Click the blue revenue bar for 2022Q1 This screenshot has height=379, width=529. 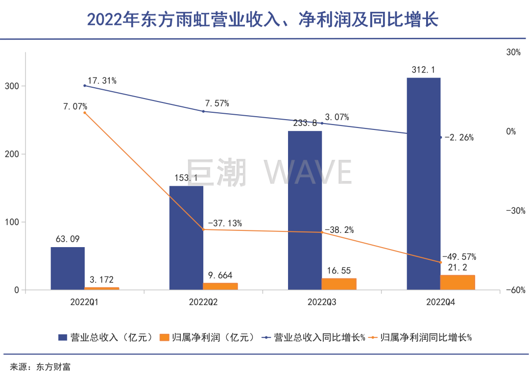tap(68, 268)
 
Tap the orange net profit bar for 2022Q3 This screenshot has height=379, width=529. tap(339, 284)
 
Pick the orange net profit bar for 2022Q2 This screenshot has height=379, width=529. tap(220, 286)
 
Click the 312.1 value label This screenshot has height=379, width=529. tap(424, 70)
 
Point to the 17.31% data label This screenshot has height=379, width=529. tap(102, 81)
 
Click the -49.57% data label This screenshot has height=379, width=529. tap(459, 256)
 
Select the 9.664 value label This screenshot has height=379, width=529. tap(220, 275)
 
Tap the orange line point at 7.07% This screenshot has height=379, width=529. tap(85, 113)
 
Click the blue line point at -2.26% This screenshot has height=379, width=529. tap(441, 137)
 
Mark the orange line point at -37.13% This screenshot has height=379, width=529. tap(203, 229)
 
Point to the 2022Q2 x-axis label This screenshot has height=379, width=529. tap(203, 302)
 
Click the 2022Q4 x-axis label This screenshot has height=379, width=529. tap(441, 302)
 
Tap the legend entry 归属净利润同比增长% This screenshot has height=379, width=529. tap(421, 337)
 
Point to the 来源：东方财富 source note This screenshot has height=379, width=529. tap(40, 367)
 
